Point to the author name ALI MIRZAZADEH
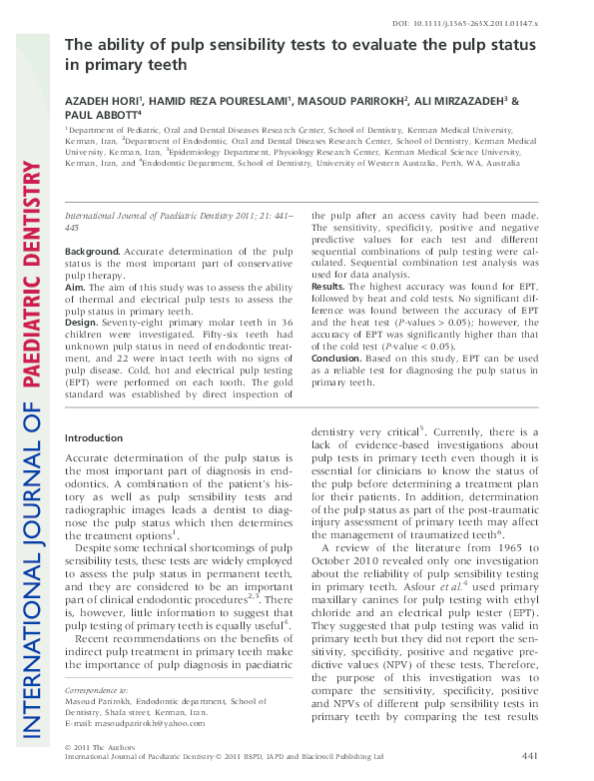(460, 102)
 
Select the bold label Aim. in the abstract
(77, 286)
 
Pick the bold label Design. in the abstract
(85, 323)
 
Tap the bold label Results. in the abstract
(332, 286)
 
